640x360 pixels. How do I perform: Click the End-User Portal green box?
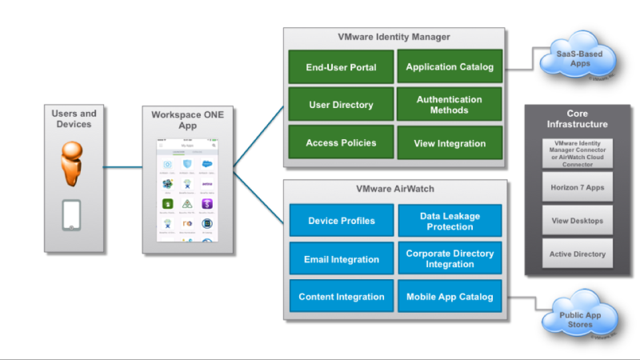pos(341,67)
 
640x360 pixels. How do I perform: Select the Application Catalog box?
pos(449,67)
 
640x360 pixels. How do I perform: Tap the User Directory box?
pos(341,105)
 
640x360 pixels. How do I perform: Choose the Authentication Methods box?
pos(449,105)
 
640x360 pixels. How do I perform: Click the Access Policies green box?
pos(341,142)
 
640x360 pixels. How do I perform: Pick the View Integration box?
pos(449,143)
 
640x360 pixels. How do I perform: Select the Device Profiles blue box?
pos(341,221)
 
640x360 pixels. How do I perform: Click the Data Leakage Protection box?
pos(449,221)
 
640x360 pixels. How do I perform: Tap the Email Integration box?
pos(341,259)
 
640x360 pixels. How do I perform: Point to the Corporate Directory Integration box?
pos(449,259)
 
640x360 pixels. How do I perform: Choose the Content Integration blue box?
pos(341,297)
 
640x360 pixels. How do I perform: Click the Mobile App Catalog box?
pos(449,297)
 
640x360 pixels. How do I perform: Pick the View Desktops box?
pos(577,220)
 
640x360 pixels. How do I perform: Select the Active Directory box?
pos(577,254)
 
